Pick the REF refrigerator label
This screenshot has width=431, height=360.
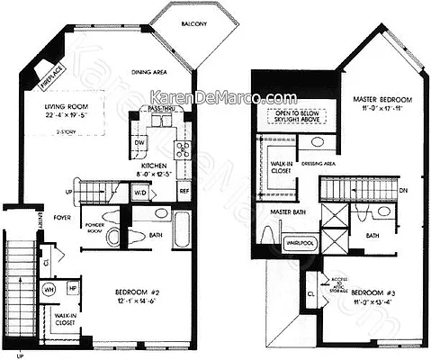184,191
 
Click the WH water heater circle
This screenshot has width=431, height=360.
51,289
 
